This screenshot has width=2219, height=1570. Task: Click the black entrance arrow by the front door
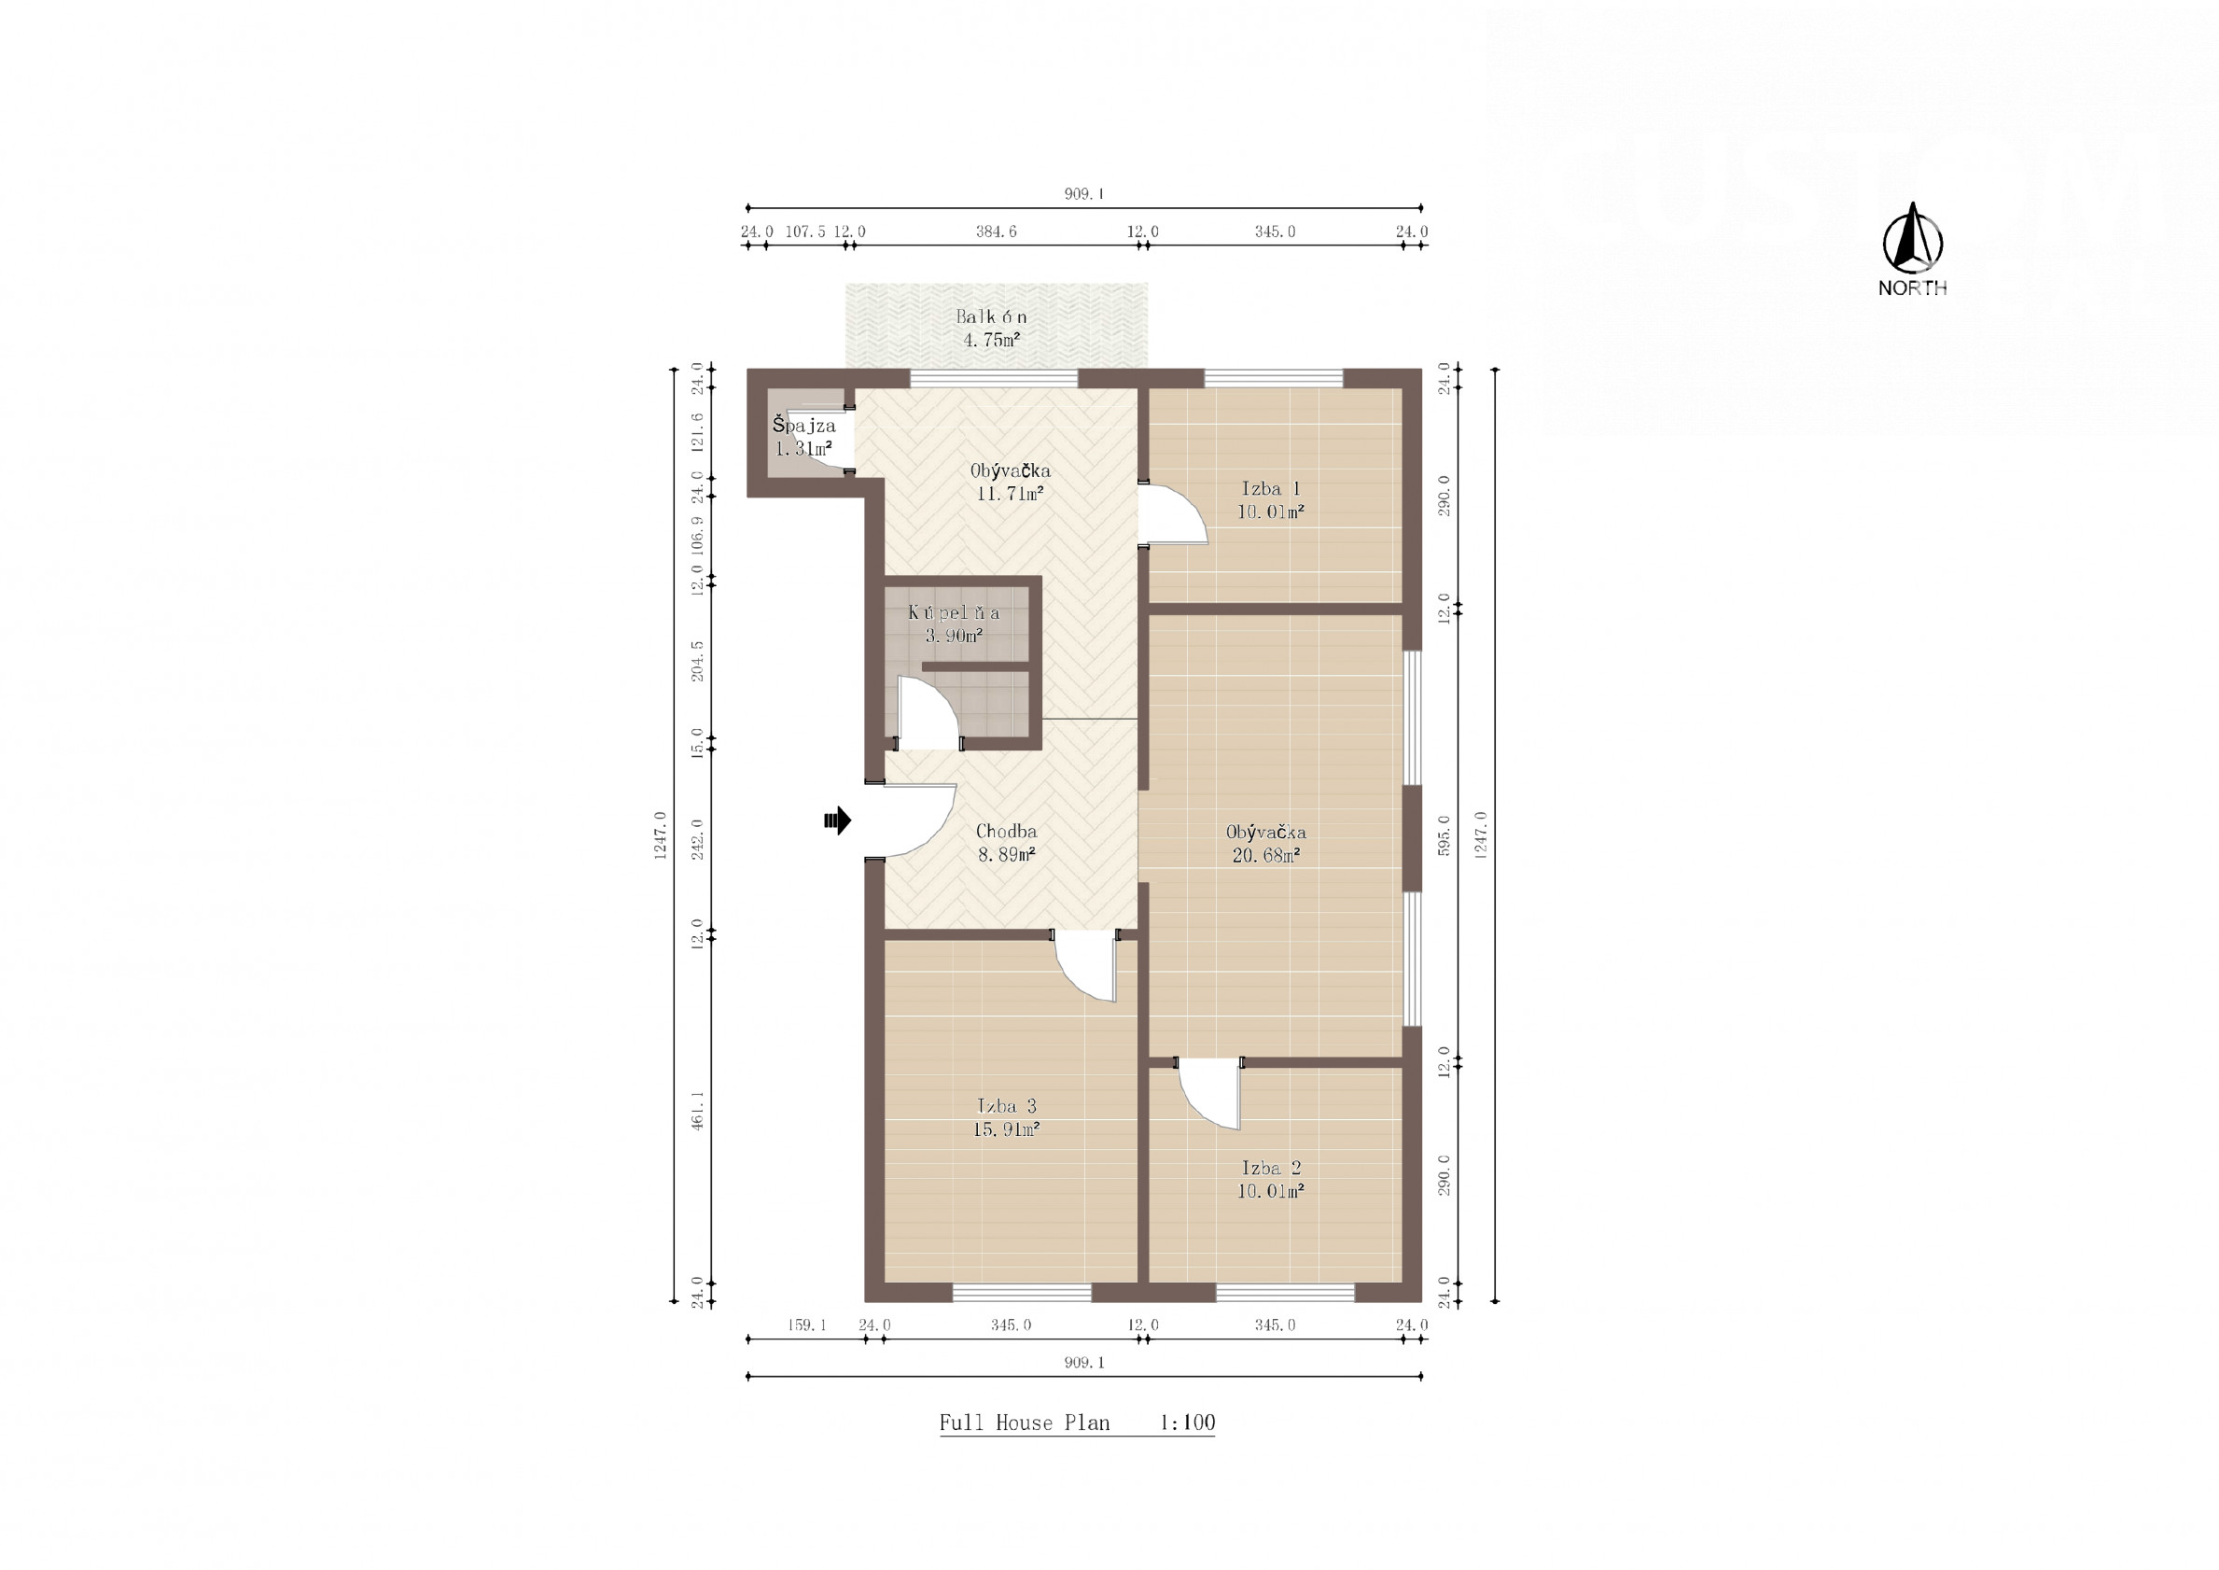click(837, 820)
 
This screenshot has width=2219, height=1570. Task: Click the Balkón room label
click(992, 316)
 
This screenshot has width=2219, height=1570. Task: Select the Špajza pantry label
click(804, 427)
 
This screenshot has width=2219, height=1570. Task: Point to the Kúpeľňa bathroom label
click(954, 613)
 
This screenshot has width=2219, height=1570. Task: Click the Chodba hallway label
click(1006, 832)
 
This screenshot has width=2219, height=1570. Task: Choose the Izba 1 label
click(1271, 489)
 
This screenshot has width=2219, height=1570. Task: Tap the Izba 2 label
click(1271, 1168)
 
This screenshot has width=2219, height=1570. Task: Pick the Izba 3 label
click(1006, 1106)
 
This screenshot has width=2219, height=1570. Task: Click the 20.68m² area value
click(1266, 855)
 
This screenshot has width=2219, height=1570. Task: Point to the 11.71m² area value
click(1011, 494)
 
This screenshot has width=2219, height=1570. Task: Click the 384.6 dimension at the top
click(996, 232)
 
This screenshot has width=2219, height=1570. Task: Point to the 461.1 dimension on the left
click(698, 1111)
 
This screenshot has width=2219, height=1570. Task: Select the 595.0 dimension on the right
click(1444, 836)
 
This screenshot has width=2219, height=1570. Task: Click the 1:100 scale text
click(1187, 1423)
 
